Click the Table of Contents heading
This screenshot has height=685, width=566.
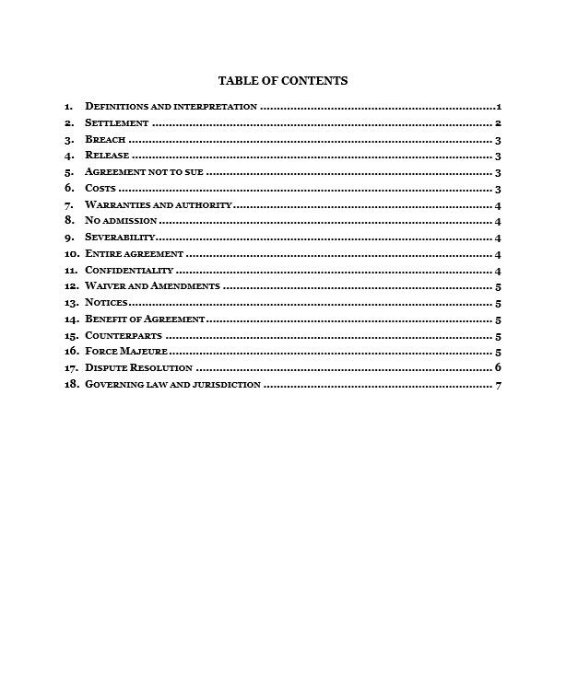(x=282, y=81)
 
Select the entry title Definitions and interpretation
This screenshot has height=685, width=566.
(x=171, y=107)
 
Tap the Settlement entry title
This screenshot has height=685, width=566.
(x=116, y=123)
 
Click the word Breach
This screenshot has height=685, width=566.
(x=105, y=140)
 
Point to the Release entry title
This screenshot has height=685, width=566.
(x=107, y=156)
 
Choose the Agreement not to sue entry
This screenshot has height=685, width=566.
(x=144, y=172)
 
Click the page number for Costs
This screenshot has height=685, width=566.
(x=497, y=189)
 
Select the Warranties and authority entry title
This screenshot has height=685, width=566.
(x=159, y=205)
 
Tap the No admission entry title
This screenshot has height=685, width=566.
(x=121, y=221)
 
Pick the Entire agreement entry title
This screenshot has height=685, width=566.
(x=135, y=254)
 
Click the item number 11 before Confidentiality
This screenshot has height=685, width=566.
(x=70, y=271)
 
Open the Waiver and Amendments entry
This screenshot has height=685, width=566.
(x=152, y=286)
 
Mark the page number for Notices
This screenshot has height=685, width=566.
(x=498, y=303)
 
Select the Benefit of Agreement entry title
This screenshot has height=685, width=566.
(x=144, y=319)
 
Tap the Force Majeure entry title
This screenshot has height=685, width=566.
(x=126, y=352)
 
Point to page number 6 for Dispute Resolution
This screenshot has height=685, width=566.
(x=498, y=368)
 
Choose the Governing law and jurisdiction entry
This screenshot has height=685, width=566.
(x=172, y=385)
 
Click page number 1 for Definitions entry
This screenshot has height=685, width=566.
(x=498, y=107)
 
